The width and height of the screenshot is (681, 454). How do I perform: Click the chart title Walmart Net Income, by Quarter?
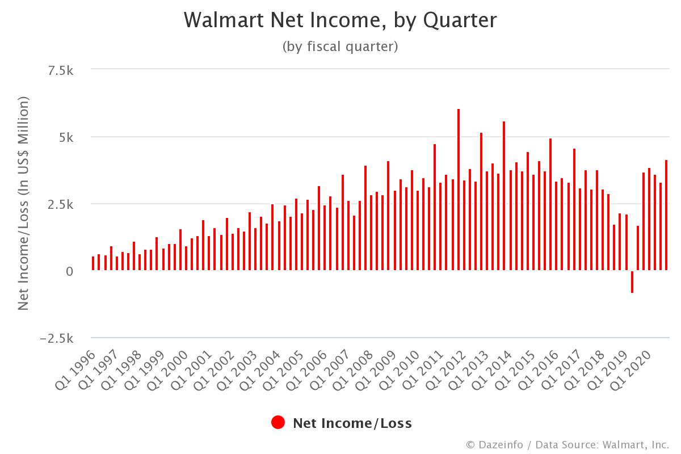coord(340,20)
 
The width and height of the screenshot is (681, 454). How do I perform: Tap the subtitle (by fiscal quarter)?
coord(340,47)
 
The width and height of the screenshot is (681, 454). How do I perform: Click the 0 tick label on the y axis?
coord(69,271)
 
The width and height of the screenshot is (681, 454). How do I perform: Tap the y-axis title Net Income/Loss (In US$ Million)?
coord(23,203)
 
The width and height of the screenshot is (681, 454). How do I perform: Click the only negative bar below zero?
coord(632,281)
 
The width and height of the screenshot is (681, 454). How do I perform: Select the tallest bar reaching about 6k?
coord(459,190)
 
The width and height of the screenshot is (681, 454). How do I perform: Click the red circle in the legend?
coord(278,423)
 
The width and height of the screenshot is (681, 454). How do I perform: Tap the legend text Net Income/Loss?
coord(352,423)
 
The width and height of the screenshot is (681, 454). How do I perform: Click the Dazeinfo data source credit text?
coord(567,444)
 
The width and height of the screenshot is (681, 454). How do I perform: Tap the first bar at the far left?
coord(93,264)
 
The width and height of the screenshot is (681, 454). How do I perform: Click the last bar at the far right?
coord(666,216)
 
